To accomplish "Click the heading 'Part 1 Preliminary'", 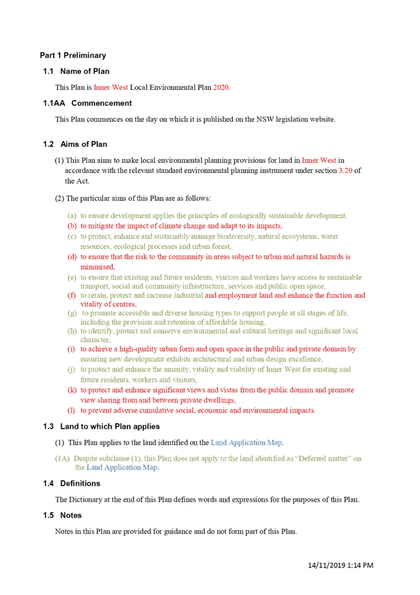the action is point(73,56).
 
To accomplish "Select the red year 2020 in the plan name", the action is point(221,87).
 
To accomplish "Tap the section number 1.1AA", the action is point(54,103).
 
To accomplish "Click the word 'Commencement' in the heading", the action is point(102,103).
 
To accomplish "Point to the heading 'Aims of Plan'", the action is point(84,144).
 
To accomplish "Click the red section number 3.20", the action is point(346,171).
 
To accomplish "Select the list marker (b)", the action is point(72,226).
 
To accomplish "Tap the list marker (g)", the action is point(72,313).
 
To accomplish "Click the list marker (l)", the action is point(71,411).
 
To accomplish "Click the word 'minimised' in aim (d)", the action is point(97,267).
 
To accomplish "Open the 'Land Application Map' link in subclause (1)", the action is point(246,443).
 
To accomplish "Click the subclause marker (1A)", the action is point(62,458).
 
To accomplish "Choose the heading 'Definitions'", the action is point(80,484).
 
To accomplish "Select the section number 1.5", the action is point(48,515).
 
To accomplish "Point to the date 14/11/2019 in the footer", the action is point(326,565).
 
